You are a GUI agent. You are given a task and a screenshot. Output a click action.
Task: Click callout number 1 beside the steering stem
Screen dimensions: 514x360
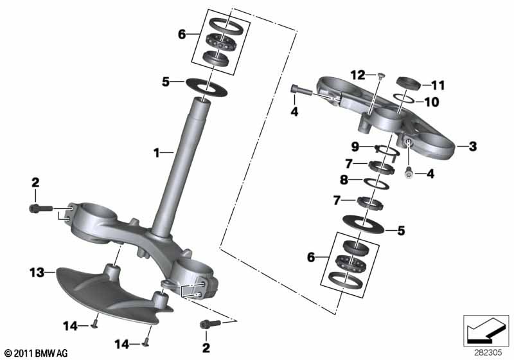coord(156,152)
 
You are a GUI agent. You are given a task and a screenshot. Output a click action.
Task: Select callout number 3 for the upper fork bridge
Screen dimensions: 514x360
coord(473,147)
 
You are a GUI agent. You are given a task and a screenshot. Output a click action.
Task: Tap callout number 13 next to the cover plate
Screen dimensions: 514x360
coord(36,273)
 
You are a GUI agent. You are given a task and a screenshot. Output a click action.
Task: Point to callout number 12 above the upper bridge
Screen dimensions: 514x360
coord(358,76)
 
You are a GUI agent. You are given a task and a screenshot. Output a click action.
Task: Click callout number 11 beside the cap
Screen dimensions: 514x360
coord(438,84)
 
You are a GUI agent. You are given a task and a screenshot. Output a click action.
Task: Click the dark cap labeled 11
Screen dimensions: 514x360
coord(409,82)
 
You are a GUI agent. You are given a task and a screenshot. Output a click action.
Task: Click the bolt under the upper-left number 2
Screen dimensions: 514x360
coord(37,208)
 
